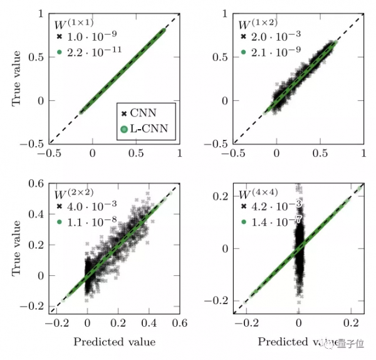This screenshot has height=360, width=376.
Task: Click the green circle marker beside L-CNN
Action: point(124,129)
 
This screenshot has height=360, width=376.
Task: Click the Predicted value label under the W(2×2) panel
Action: point(114,342)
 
